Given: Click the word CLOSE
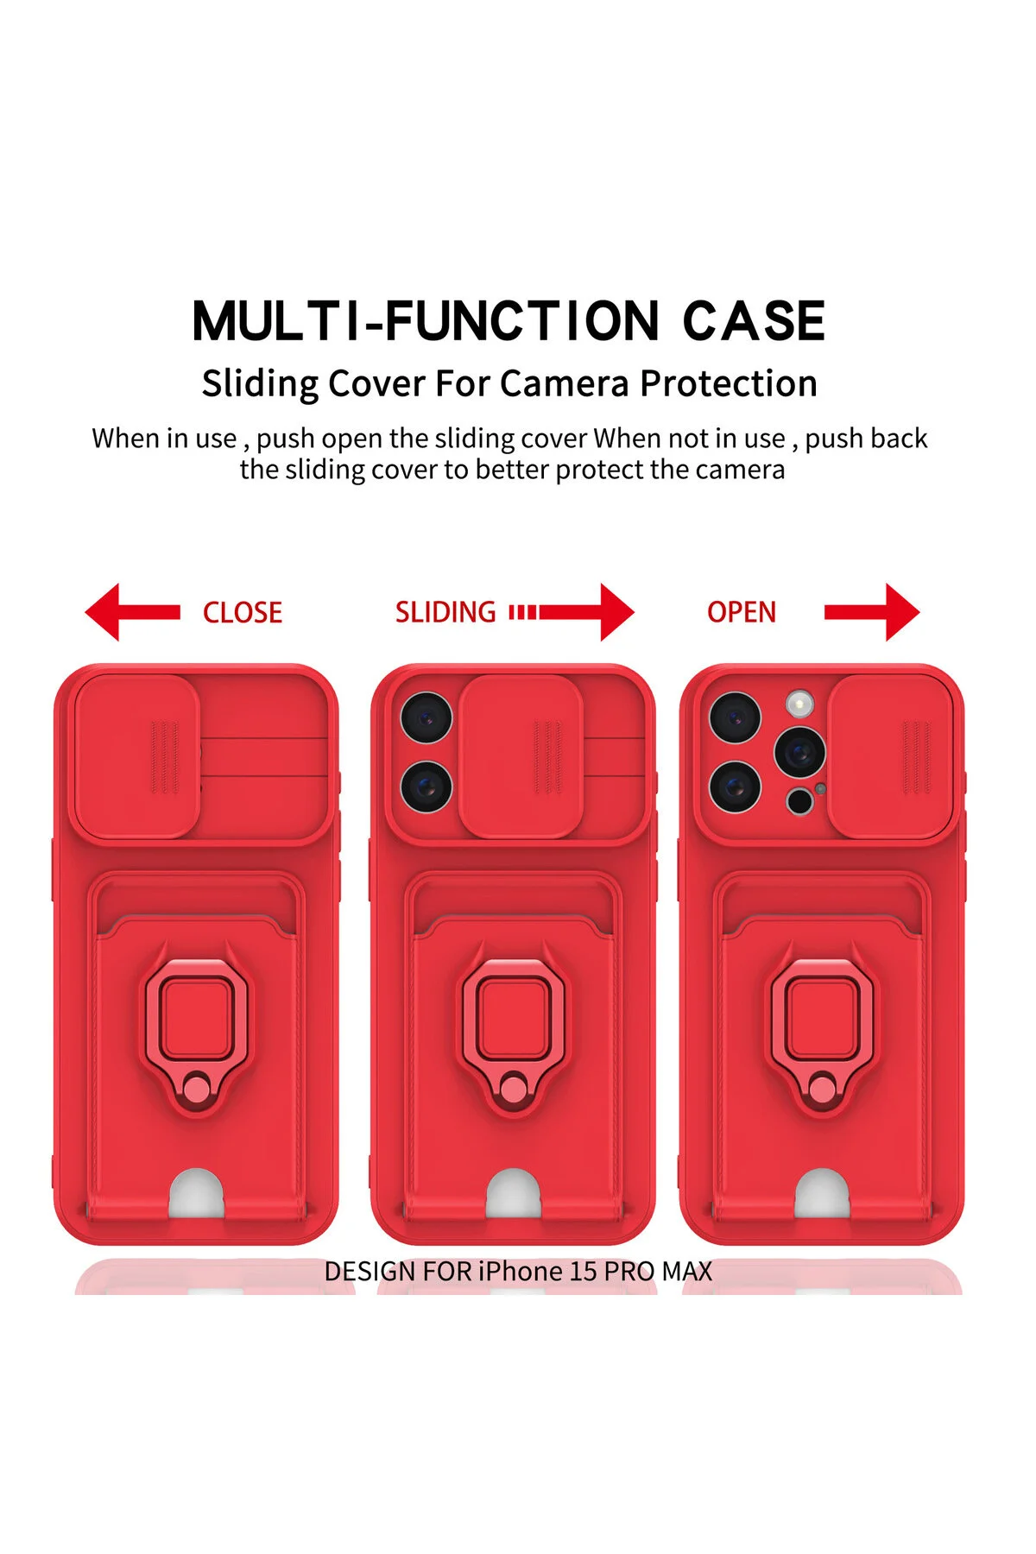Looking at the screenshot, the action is click(243, 612).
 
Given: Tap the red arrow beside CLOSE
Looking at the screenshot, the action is click(132, 612).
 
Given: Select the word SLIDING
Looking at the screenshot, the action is click(445, 612).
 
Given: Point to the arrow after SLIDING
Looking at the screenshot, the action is click(572, 612).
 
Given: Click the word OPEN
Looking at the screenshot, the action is click(742, 612).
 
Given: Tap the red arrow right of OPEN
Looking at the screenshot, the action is click(872, 612).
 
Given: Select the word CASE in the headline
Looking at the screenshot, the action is click(754, 321).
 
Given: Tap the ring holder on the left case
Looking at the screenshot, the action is click(197, 1034).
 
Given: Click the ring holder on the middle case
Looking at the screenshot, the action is click(514, 1034).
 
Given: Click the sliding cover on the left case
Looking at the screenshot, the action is click(137, 756).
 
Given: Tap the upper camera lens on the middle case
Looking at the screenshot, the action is click(426, 717).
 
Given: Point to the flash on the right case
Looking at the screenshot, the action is click(800, 704).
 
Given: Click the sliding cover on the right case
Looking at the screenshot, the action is click(891, 756).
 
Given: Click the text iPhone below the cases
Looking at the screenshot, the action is click(521, 1272).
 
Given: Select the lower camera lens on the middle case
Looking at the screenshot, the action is click(426, 786).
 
